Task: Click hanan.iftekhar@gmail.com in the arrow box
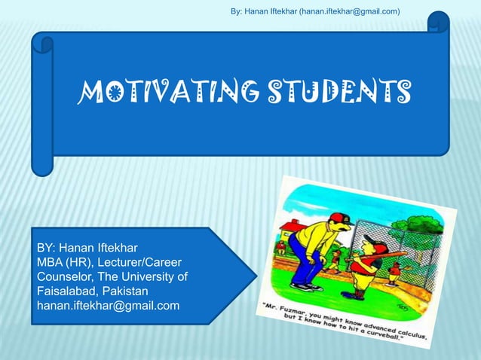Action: tap(109, 305)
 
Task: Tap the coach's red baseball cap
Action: tap(341, 219)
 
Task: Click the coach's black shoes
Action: tap(302, 287)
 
